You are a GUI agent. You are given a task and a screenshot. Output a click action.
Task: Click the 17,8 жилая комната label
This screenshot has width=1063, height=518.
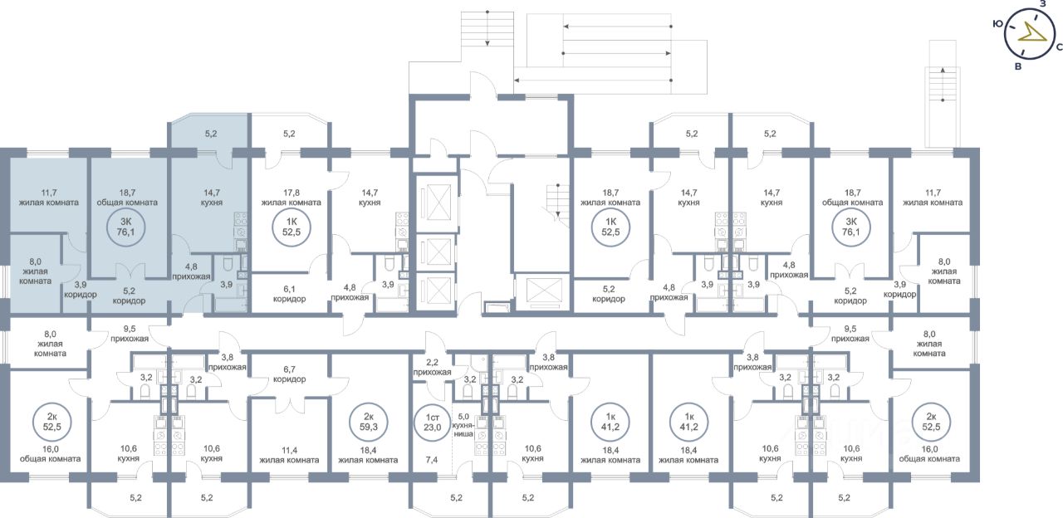291,198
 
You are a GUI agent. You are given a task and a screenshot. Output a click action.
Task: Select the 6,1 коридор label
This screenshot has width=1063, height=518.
290,294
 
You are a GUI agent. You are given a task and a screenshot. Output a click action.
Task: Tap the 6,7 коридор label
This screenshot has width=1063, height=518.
290,374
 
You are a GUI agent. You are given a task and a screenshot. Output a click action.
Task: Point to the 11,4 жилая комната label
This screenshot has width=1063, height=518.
289,455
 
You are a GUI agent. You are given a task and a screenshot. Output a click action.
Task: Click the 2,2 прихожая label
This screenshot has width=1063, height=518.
432,367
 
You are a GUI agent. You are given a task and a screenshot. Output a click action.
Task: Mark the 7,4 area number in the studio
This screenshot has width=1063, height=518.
432,460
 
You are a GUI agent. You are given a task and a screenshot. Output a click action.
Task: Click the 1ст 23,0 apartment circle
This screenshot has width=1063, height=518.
433,422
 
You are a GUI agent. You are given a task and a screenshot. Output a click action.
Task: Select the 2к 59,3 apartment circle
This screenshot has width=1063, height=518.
369,422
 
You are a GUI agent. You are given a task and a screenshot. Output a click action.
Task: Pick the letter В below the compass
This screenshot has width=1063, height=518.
1018,67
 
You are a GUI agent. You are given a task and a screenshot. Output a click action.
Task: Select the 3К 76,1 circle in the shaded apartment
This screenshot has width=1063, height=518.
125,227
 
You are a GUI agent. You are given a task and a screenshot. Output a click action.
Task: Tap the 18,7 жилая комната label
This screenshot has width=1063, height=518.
610,198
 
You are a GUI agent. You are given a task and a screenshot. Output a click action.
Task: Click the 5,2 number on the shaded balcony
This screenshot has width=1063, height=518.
211,134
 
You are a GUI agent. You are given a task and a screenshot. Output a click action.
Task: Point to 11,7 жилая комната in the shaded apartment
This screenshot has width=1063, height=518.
48,198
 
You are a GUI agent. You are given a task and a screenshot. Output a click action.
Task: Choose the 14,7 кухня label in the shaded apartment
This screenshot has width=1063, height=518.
212,198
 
